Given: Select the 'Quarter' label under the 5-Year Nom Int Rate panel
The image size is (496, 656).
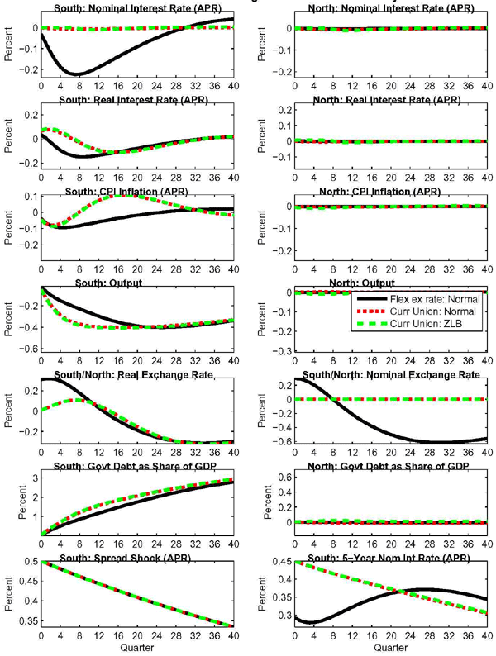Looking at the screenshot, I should (389, 648).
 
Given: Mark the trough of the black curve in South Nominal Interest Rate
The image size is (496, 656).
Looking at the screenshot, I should (77, 75).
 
